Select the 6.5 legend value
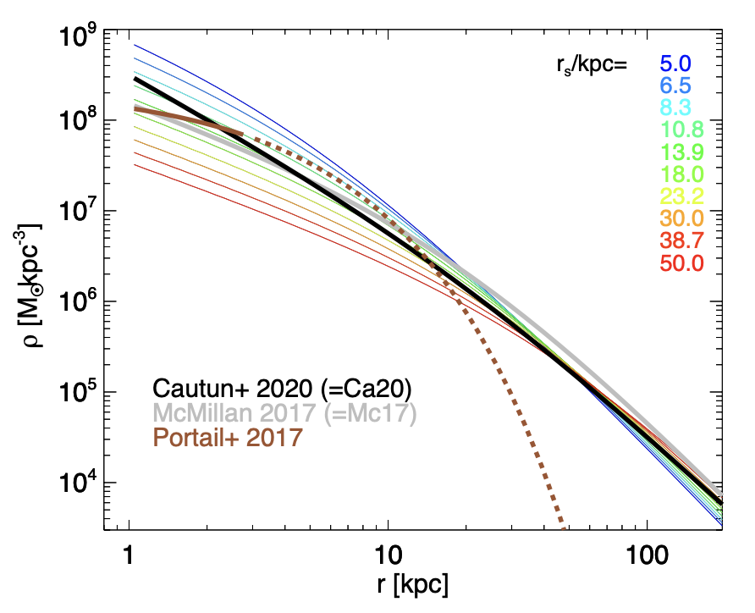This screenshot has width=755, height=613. [x=675, y=85]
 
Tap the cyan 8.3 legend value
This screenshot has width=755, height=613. [x=675, y=107]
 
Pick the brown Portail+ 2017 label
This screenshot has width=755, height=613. [x=226, y=438]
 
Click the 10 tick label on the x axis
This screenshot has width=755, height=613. [x=388, y=555]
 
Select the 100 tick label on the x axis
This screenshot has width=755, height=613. [x=647, y=555]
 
